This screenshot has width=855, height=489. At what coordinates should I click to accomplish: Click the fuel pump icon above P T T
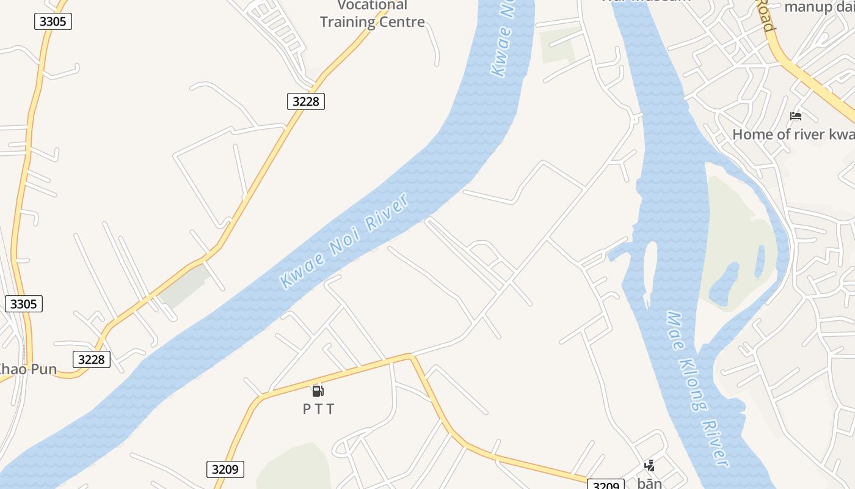coord(318,391)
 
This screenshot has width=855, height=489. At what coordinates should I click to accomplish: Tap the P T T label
coord(319,409)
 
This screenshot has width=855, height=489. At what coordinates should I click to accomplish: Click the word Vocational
coord(372,6)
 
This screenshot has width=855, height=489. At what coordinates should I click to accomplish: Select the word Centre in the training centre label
coord(400,22)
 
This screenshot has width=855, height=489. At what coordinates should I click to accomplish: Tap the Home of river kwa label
coord(793,134)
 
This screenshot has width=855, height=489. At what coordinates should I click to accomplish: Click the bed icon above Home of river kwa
coord(795,116)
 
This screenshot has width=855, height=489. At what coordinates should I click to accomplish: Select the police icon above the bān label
coord(649,466)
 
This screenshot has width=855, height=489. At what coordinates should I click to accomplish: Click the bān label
coord(649,483)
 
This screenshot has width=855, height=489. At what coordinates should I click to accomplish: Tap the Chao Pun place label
coord(27,369)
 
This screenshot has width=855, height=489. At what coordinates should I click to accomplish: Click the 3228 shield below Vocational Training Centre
coord(305,101)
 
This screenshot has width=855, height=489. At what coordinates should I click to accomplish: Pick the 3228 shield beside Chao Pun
coord(92,359)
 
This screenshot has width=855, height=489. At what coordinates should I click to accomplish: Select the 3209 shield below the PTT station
coord(225,469)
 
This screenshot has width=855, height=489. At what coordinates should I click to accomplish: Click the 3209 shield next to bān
coord(606,485)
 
